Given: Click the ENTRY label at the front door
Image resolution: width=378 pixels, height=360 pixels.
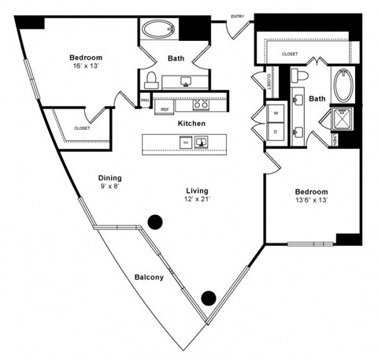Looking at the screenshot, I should pos(237,16).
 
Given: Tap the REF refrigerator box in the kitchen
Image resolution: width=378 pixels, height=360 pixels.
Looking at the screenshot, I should pos(165,109).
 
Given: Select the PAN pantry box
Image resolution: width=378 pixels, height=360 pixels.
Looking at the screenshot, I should pos(145,101).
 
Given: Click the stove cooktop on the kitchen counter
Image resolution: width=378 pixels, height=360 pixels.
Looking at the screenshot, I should pos(201,103).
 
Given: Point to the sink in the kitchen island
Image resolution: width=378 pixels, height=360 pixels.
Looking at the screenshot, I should pos(202,143).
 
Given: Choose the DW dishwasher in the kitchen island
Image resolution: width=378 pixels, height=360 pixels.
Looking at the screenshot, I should pos(186,143).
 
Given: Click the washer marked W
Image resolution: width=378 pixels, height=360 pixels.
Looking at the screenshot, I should pos(276,113).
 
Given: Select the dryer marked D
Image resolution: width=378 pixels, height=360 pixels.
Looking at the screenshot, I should pos(276,132).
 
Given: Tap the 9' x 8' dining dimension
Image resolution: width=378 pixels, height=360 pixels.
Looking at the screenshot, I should pos(109,187).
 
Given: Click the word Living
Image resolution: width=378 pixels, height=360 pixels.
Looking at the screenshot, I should pos(197,190).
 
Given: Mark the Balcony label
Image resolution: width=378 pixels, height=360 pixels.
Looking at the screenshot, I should pos(149,277).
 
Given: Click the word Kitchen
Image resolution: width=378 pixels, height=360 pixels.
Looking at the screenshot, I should pos(191,124).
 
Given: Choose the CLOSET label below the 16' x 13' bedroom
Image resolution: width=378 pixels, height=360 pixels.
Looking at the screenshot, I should pos(81,127).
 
